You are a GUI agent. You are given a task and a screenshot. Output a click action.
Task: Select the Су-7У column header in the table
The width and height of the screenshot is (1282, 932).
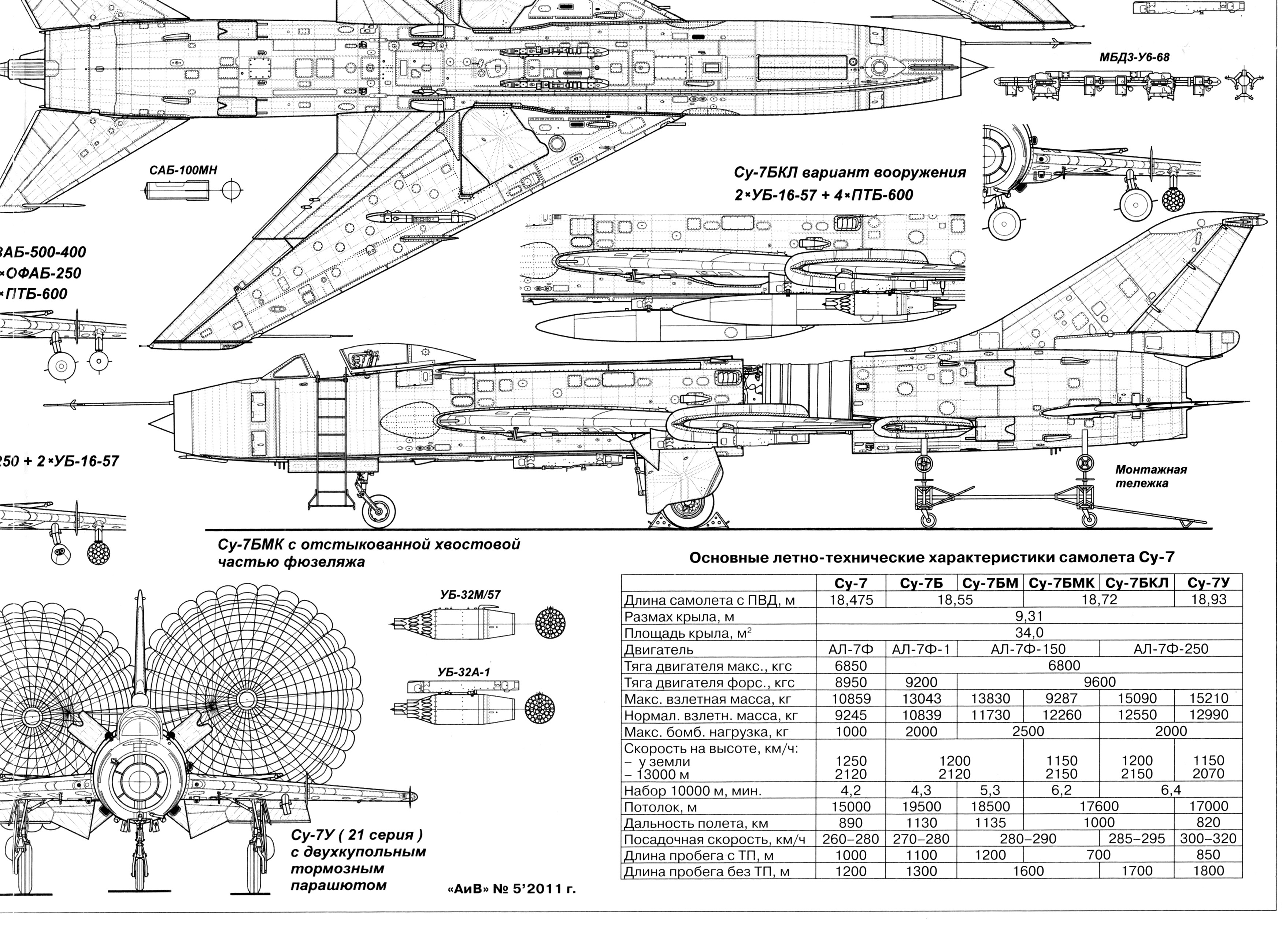coord(1208,583)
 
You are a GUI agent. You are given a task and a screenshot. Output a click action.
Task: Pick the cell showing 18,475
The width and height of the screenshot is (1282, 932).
coord(851,600)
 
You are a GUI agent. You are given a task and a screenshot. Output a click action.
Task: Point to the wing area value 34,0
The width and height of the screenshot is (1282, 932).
coord(1029,632)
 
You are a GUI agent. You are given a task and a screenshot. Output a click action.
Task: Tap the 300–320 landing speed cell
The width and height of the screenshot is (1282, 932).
coord(1208,839)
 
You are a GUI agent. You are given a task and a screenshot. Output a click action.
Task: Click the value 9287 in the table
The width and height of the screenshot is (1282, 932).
coord(1062,699)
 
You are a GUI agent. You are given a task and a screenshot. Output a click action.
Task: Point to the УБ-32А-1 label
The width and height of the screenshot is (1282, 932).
coord(463,672)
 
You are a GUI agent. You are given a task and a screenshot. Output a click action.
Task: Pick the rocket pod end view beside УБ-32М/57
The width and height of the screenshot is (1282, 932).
coord(550,624)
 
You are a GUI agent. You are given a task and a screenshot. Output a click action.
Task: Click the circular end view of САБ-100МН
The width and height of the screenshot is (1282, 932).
coord(232,190)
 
